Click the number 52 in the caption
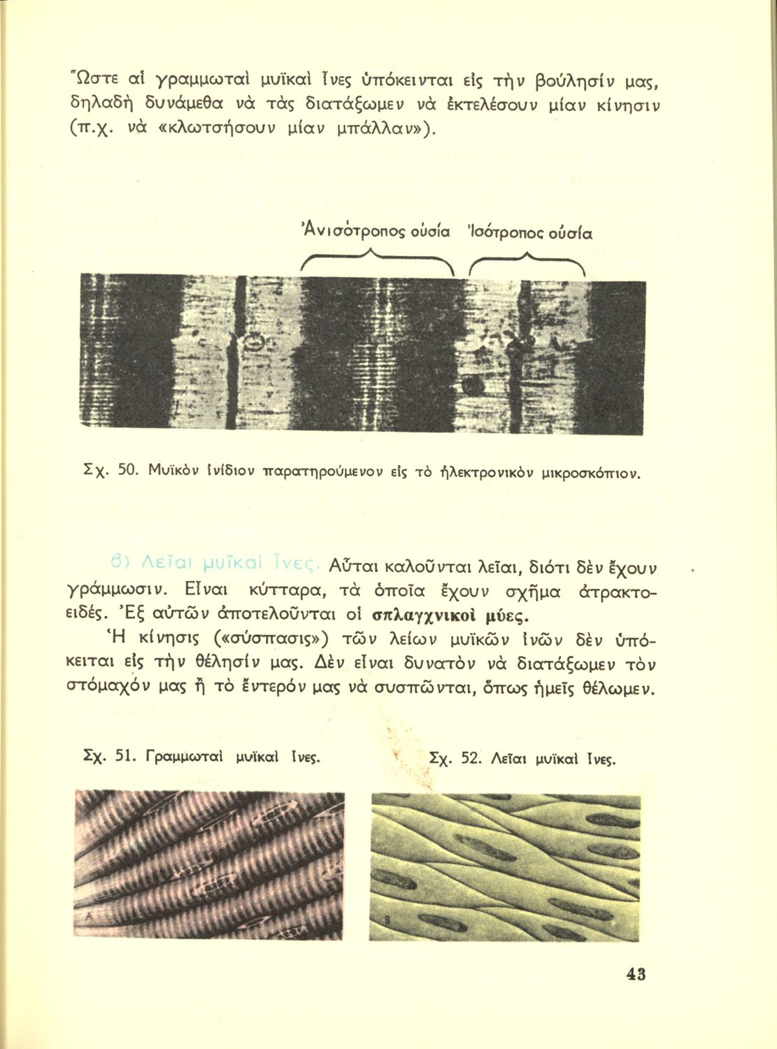click(473, 758)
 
